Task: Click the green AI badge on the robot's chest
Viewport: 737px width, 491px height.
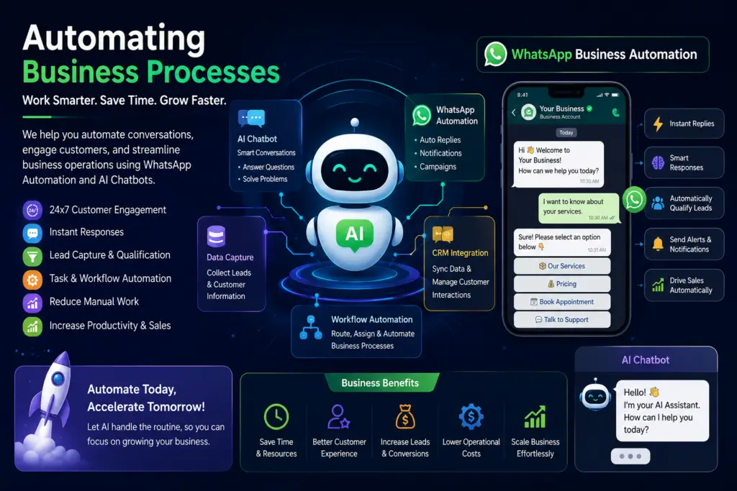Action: [x=355, y=234]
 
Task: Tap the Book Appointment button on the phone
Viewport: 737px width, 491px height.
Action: [x=562, y=302]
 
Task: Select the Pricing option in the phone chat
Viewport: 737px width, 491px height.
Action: [x=562, y=284]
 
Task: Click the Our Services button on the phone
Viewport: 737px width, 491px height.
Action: [x=562, y=266]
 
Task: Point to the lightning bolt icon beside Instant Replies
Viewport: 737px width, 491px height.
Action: [x=658, y=124]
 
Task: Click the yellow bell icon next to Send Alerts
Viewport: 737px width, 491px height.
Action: [x=658, y=244]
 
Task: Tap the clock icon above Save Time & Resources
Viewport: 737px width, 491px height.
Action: [x=276, y=416]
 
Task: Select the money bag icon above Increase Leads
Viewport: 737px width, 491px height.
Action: [x=405, y=417]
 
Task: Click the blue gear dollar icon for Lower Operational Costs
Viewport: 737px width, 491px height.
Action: [x=471, y=416]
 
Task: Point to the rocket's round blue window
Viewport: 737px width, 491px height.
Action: [x=58, y=378]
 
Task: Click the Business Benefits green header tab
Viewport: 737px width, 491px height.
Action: [x=380, y=382]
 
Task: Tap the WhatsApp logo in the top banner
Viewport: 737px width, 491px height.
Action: [x=495, y=54]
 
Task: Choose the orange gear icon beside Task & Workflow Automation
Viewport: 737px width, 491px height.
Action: [x=32, y=280]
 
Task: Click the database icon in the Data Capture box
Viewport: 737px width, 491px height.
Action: [x=216, y=237]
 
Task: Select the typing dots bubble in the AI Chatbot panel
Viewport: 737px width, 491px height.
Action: [x=630, y=456]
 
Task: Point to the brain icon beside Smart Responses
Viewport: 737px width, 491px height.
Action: [x=658, y=163]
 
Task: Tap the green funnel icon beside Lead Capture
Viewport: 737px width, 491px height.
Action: [x=32, y=257]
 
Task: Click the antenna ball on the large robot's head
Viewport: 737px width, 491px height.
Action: [x=355, y=122]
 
